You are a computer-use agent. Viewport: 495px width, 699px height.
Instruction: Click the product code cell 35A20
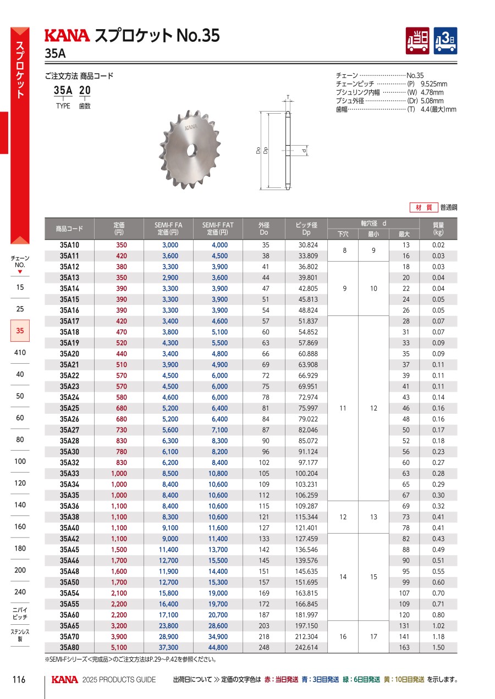(x=69, y=354)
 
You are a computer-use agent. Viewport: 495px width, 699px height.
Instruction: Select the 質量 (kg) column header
(x=438, y=228)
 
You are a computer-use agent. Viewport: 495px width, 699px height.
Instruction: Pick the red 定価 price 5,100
(x=119, y=647)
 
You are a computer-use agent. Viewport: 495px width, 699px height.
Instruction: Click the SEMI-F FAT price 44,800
(x=218, y=647)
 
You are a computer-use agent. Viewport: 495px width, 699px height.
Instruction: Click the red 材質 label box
(x=423, y=208)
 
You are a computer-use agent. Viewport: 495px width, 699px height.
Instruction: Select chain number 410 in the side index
(x=20, y=352)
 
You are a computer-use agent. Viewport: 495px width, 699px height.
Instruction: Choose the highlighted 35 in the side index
(x=20, y=331)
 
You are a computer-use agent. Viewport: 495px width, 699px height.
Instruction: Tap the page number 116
(x=19, y=680)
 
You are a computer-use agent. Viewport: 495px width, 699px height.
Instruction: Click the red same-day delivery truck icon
(x=418, y=41)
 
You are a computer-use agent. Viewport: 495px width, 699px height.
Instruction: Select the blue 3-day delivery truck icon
(x=446, y=41)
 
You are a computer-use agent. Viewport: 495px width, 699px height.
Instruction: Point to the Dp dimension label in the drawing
(x=266, y=150)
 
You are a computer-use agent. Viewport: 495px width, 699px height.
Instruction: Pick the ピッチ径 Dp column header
(x=306, y=228)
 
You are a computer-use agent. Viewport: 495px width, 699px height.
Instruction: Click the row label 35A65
(x=69, y=626)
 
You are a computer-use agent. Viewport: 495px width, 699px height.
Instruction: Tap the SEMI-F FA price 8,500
(x=169, y=473)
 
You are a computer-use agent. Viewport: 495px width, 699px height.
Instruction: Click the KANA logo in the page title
(x=67, y=36)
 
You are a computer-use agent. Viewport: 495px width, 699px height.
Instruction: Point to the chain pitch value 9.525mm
(x=434, y=84)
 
